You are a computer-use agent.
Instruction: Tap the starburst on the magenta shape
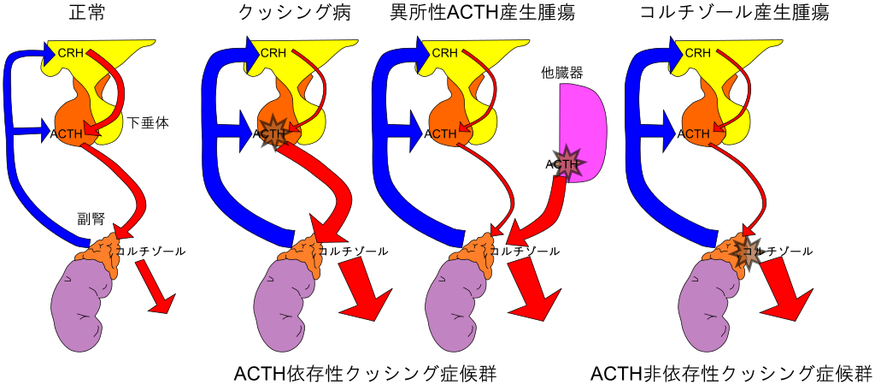pos(567,163)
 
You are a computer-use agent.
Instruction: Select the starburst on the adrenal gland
pos(745,252)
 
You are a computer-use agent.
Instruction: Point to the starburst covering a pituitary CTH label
pos(273,133)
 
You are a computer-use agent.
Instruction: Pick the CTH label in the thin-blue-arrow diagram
pos(69,133)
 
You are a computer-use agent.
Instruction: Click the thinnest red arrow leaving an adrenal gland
pos(155,287)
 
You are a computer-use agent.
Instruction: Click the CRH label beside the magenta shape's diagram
pos(444,53)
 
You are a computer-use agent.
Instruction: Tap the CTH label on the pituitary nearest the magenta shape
pos(444,133)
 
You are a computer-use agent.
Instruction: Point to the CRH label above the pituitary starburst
pos(273,53)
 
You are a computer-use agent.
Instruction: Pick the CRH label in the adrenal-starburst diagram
pos(697,53)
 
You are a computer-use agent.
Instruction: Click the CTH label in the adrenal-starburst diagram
pos(697,133)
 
